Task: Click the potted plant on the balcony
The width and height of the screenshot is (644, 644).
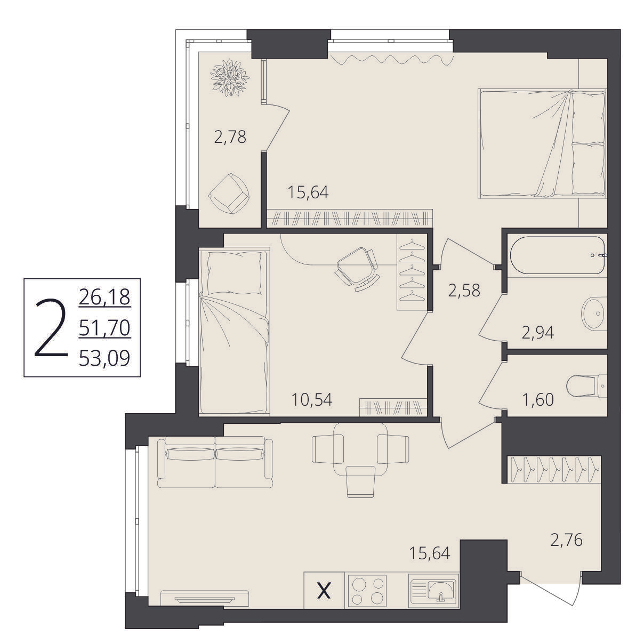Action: (230, 77)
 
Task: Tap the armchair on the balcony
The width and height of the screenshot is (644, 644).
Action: (229, 194)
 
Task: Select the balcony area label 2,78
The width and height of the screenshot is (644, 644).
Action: (230, 138)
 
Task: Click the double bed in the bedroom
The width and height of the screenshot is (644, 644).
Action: (542, 144)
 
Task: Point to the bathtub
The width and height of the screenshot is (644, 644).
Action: (558, 256)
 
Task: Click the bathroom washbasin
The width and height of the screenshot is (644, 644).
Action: (594, 313)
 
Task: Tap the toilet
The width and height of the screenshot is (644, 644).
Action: (587, 387)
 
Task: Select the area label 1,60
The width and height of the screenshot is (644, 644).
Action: (538, 400)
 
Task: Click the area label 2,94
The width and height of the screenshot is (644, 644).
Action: (538, 333)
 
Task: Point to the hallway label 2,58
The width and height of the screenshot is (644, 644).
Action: (464, 291)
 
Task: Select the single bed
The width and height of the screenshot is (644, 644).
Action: (235, 331)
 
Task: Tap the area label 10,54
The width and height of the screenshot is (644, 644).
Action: (312, 400)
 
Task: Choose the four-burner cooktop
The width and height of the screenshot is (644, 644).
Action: (368, 591)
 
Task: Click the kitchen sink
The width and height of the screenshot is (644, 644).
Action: (434, 591)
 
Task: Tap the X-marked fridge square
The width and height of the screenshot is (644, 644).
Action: (324, 590)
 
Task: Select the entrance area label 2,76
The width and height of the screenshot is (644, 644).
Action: (567, 541)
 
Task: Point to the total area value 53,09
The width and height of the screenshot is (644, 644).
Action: (104, 359)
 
